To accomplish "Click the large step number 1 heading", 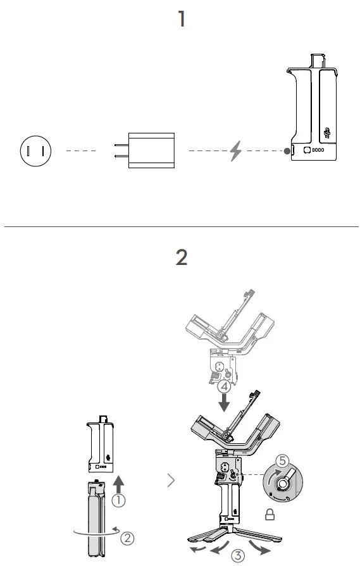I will coord(182,19).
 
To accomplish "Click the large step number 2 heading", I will coord(182,257).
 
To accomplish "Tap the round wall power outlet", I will coord(35,151).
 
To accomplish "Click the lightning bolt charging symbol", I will coord(235,151).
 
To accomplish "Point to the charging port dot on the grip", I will coord(288,151).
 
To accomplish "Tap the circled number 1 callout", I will coord(118,500).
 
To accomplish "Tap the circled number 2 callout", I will coord(127,538).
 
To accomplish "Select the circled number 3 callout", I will coord(237,556).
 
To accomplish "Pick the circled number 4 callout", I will coord(222,386).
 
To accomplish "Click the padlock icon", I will coord(270,515).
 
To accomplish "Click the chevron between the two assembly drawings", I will coord(171,481).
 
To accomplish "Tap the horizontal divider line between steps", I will coord(182,226).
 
